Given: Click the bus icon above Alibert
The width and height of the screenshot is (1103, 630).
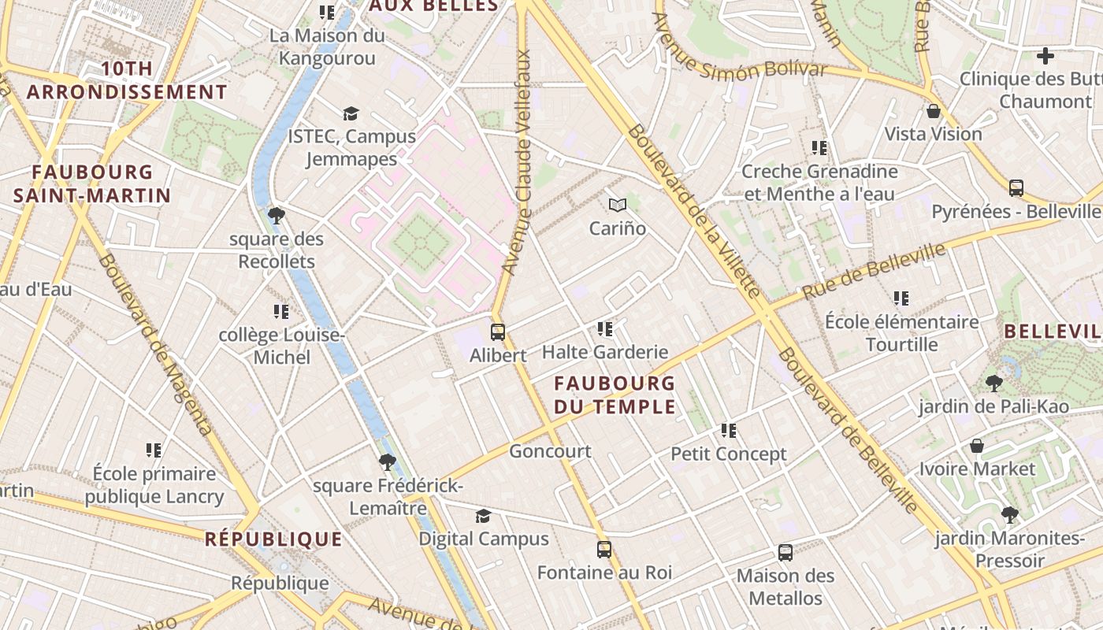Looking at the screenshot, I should pos(498,332).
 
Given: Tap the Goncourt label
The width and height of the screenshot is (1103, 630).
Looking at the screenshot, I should pos(550,451).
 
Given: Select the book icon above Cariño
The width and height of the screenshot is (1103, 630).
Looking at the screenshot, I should pos(618,206).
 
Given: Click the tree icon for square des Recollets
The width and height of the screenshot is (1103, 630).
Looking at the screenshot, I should pos(276,215).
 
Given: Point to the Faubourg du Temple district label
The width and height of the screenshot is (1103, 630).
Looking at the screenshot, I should pos(615,395).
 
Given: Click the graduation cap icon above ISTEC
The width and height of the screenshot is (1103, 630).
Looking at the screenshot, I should pos(351,114).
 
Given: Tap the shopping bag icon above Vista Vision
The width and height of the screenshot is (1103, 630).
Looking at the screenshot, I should pos(934,111).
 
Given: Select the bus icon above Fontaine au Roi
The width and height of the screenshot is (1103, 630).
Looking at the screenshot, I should pos(604,549).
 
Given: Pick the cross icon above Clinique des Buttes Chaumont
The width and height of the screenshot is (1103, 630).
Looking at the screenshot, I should pos(1045,56).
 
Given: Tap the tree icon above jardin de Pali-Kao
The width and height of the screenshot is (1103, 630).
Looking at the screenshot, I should pos(993,384).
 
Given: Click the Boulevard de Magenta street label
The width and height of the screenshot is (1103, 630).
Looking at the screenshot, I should pos(155,344).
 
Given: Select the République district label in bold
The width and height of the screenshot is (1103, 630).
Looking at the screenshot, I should pos(273,539).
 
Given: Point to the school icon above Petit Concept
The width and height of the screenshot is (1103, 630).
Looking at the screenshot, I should pos(729,431).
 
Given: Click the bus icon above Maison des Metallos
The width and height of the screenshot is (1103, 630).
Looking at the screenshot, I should pos(785,552).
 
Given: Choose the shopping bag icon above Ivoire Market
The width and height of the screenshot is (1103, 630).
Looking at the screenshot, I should pos(977,446).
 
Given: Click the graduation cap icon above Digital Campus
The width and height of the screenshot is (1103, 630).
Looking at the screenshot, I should pos(483,516).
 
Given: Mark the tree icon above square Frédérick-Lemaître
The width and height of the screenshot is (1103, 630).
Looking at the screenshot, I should pos(387,461).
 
